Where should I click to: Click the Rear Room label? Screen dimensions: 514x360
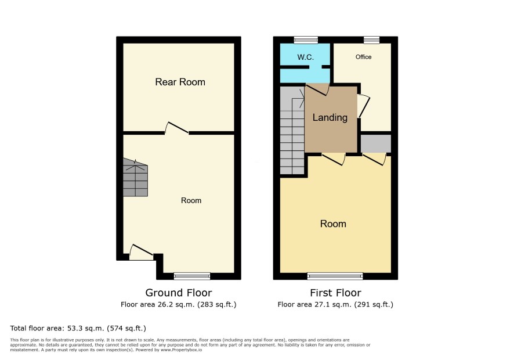click(x=180, y=82)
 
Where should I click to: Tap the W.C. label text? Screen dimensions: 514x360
click(x=306, y=57)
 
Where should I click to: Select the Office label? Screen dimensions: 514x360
click(x=364, y=57)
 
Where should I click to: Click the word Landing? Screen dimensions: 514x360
click(x=330, y=117)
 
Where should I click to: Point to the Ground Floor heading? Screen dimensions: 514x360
click(x=179, y=293)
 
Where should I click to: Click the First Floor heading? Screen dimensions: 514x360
click(x=336, y=293)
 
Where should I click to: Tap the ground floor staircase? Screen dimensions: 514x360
click(x=135, y=178)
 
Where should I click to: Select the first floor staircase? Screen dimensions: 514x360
click(x=292, y=130)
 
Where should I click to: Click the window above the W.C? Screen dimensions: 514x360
click(x=306, y=40)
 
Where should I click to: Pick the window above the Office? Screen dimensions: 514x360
click(x=371, y=40)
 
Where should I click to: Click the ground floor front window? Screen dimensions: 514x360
click(x=192, y=276)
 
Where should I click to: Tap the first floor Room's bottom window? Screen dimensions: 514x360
click(x=335, y=276)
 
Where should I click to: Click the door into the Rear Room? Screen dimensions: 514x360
click(x=177, y=128)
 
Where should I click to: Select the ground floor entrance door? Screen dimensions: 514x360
click(x=142, y=252)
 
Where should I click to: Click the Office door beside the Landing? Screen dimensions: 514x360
click(x=364, y=106)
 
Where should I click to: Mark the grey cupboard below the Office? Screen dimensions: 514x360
click(x=376, y=143)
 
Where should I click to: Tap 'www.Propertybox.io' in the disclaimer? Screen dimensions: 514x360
click(x=181, y=350)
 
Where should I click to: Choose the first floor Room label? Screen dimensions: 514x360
click(x=333, y=224)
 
